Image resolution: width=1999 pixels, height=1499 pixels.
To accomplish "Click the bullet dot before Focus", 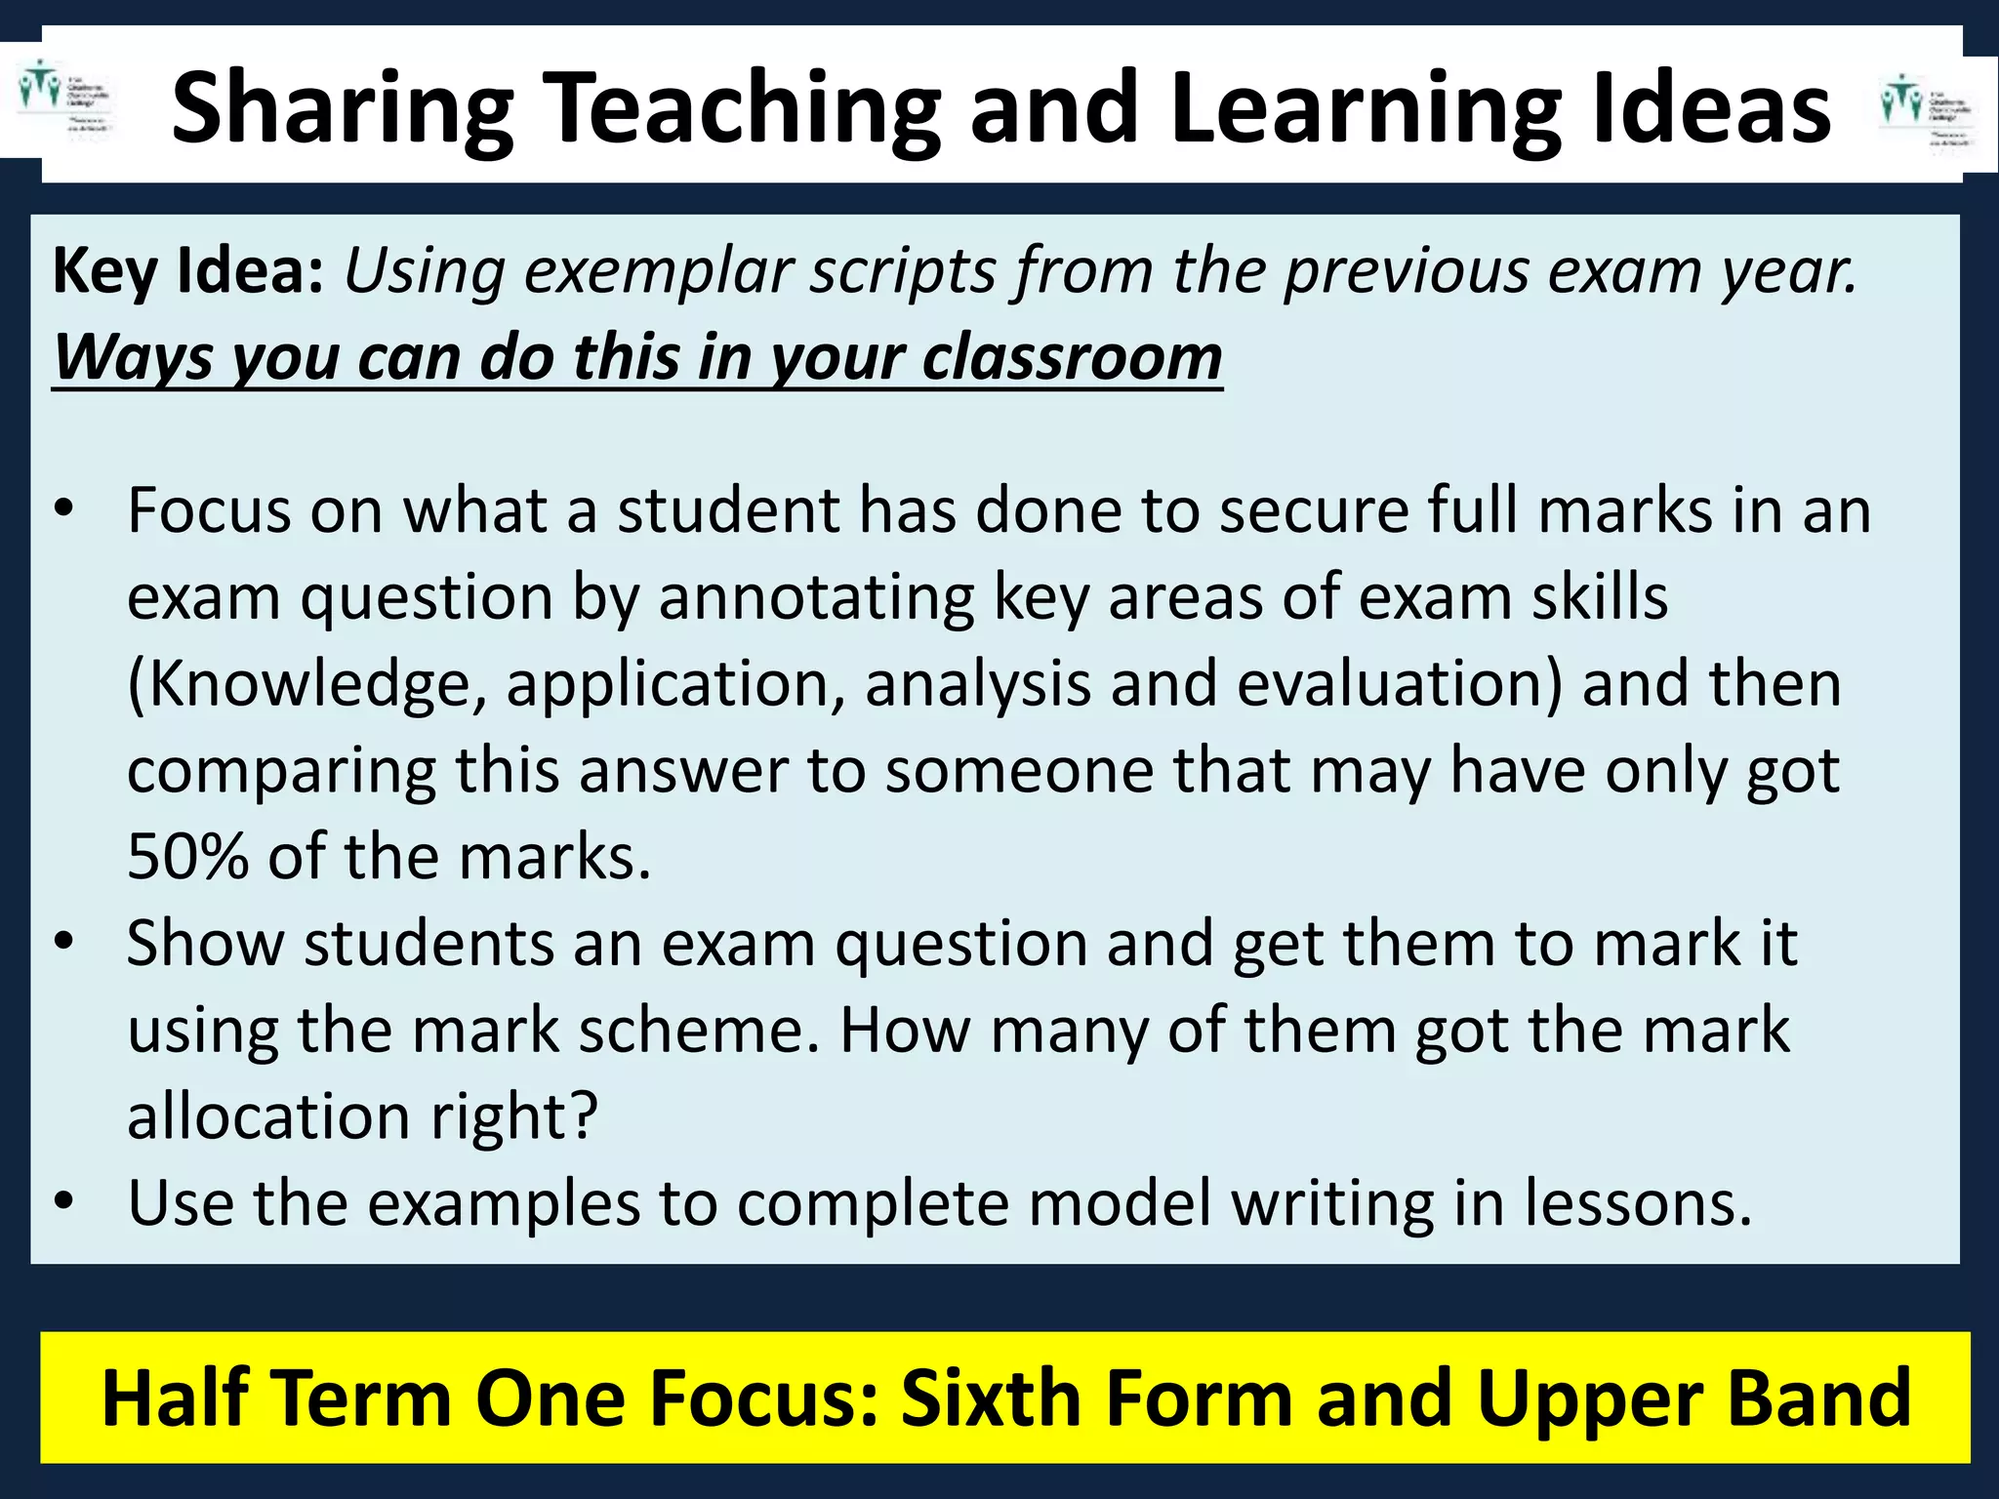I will coord(64,509).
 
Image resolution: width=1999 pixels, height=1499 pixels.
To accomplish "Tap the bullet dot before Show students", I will coord(64,943).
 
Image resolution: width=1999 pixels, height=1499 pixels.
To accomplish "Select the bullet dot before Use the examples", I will coord(64,1202).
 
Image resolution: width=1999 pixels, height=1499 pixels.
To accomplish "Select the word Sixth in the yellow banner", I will coord(1005,1398).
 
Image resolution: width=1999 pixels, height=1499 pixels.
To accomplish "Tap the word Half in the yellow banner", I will coord(177,1398).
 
